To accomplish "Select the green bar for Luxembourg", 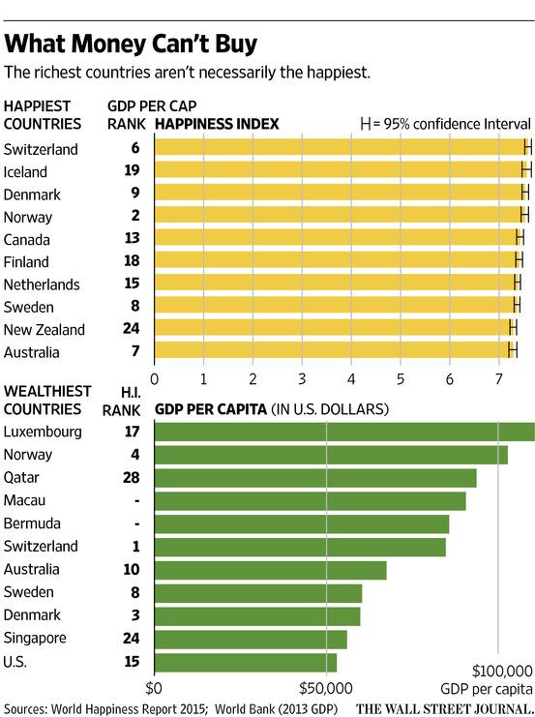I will pos(343,432).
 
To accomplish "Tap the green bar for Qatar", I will pos(314,478).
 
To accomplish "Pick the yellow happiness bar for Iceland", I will pos(339,170).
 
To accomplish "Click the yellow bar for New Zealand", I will pos(334,329).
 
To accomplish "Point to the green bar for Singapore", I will pos(250,639).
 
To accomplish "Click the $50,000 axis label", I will pos(326,690).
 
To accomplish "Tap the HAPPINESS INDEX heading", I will pos(217,124).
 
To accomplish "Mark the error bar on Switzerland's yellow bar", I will pos(528,147).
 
